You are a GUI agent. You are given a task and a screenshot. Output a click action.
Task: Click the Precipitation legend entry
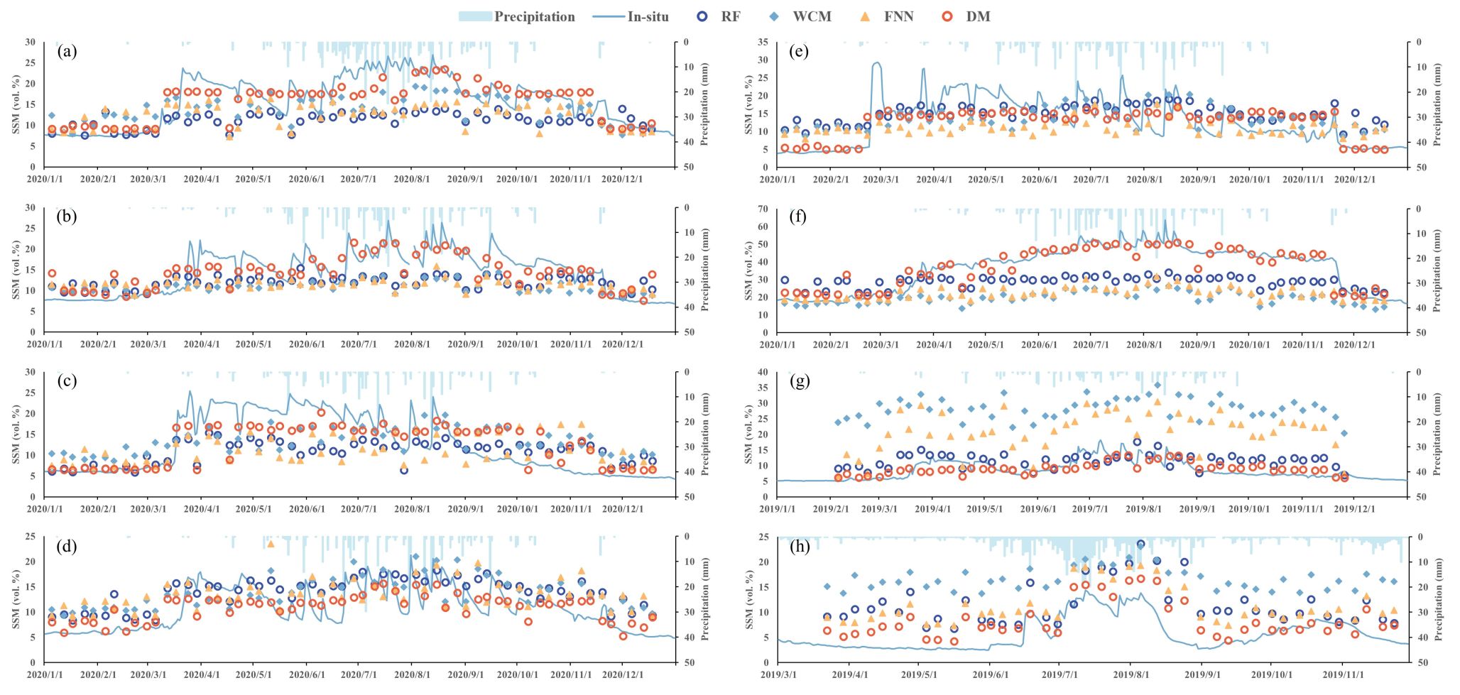pos(517,16)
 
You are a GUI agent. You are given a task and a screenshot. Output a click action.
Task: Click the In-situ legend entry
pos(631,16)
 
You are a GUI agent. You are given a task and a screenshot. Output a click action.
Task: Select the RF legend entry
pos(720,16)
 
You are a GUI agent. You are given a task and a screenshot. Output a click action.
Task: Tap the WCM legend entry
pos(801,16)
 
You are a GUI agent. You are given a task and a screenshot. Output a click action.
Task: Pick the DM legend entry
pos(966,16)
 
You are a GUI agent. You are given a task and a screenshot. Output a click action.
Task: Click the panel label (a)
pos(67,51)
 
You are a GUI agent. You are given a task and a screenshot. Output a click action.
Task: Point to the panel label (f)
pos(800,217)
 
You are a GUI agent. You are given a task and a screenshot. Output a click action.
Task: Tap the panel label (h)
pos(800,547)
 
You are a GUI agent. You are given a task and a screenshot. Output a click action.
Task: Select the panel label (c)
pos(67,381)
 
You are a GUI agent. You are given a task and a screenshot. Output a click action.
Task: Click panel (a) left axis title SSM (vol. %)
pos(16,104)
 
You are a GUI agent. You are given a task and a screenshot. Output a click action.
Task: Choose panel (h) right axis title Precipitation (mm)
pos(1437,599)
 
